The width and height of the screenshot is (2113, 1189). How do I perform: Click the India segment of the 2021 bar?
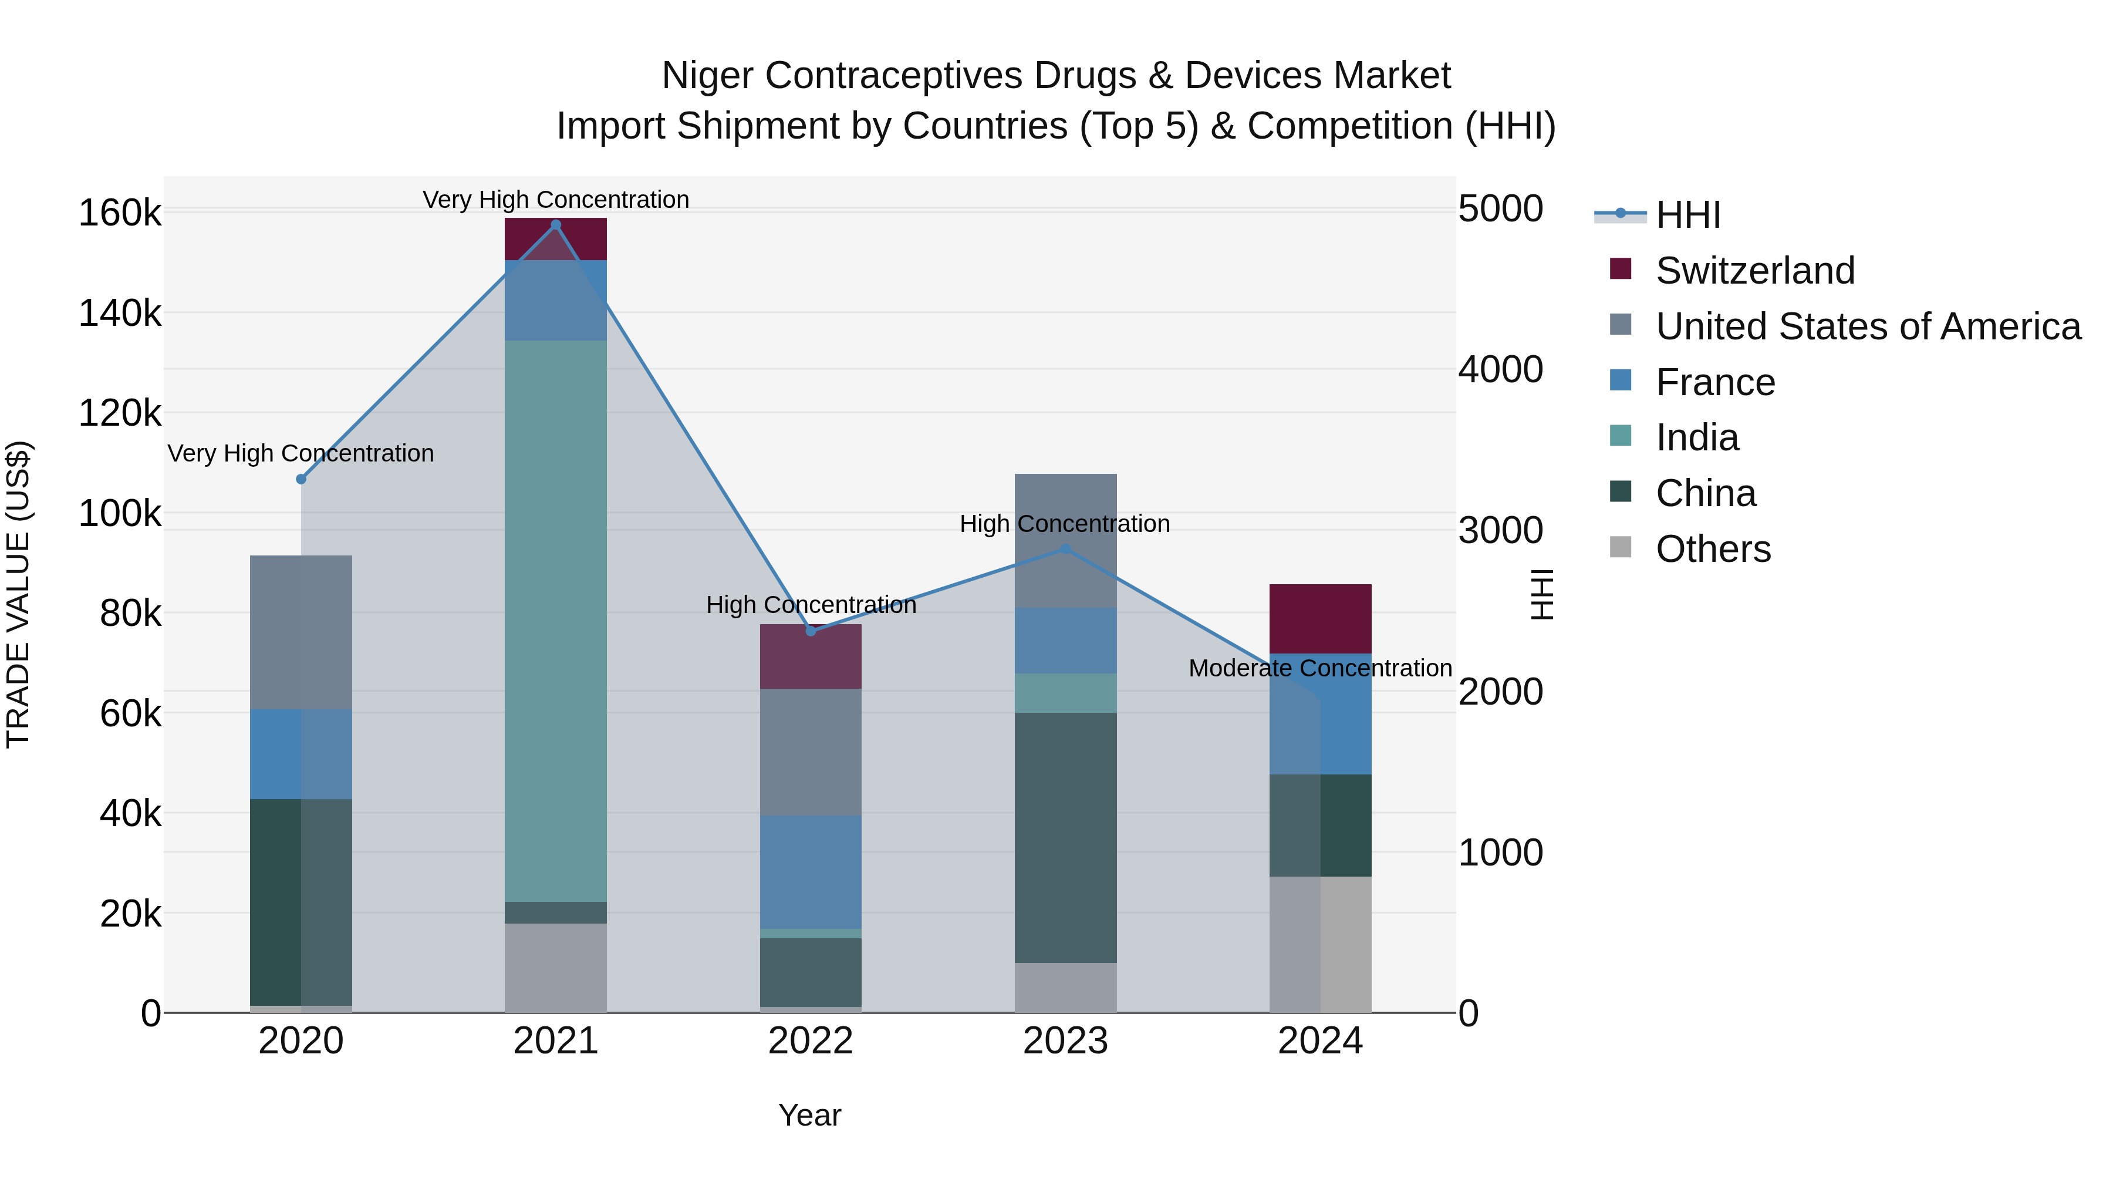click(555, 621)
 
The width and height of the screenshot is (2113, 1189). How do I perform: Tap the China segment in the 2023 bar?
click(1065, 837)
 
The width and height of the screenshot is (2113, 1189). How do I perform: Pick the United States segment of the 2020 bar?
click(301, 632)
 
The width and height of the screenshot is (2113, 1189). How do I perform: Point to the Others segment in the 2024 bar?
click(1320, 944)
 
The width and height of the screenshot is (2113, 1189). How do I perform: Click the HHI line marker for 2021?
click(555, 225)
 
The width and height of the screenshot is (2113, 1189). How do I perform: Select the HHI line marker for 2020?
click(301, 479)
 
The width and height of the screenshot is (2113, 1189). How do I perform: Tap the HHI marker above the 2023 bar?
click(1065, 549)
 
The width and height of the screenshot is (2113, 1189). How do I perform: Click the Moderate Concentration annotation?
click(1320, 668)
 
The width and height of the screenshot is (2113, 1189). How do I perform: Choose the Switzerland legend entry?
click(1754, 271)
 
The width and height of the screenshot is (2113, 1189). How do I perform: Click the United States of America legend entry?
click(1868, 326)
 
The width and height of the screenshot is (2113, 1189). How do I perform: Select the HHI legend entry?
click(1687, 215)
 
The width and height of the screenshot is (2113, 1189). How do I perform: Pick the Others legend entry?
click(1713, 549)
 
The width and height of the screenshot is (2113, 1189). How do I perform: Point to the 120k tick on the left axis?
click(120, 413)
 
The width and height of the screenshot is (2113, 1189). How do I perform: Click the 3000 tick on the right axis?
click(1500, 530)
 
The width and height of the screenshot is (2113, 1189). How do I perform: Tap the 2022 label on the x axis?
click(811, 1040)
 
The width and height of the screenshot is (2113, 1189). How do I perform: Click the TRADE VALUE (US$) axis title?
click(18, 594)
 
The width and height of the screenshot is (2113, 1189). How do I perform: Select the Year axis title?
click(809, 1115)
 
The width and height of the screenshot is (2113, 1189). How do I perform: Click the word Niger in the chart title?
click(707, 76)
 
